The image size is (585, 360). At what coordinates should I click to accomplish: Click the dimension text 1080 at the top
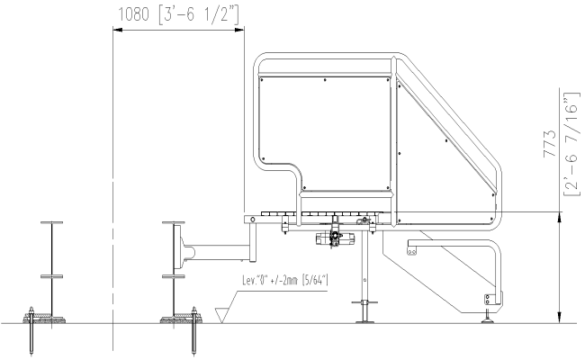tap(138, 14)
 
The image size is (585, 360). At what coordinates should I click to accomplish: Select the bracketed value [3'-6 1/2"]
tap(202, 14)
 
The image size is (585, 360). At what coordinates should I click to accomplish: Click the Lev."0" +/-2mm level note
tap(282, 281)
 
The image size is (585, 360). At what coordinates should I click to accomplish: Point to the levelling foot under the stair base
tap(489, 315)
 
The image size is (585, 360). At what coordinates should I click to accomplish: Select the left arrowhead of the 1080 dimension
tap(116, 31)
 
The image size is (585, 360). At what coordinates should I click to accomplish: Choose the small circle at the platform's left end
tap(253, 219)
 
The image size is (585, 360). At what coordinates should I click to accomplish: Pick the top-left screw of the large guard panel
tap(262, 80)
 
